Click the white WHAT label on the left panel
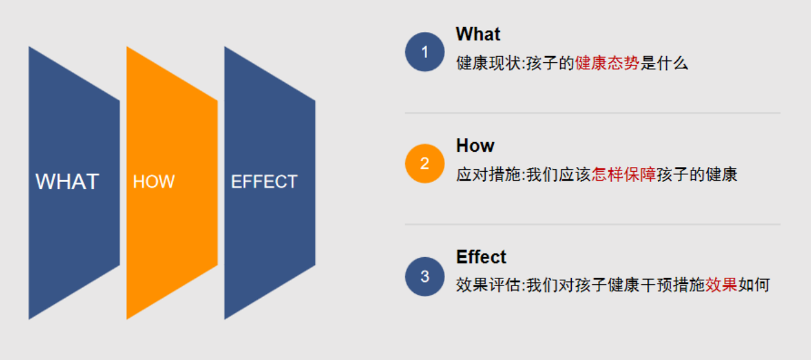68,181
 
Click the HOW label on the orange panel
154,182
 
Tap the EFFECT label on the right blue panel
264,182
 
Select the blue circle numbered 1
424,51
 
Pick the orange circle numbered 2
424,163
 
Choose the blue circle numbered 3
424,276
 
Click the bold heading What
478,34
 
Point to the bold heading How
475,145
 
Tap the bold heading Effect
481,257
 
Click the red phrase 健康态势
607,63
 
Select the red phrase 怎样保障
624,174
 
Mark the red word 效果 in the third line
721,285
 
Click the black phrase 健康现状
488,63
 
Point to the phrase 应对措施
488,174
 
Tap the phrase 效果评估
488,285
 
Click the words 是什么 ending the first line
664,63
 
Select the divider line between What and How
593,113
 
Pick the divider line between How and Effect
593,224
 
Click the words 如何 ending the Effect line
754,285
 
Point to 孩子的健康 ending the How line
697,174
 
